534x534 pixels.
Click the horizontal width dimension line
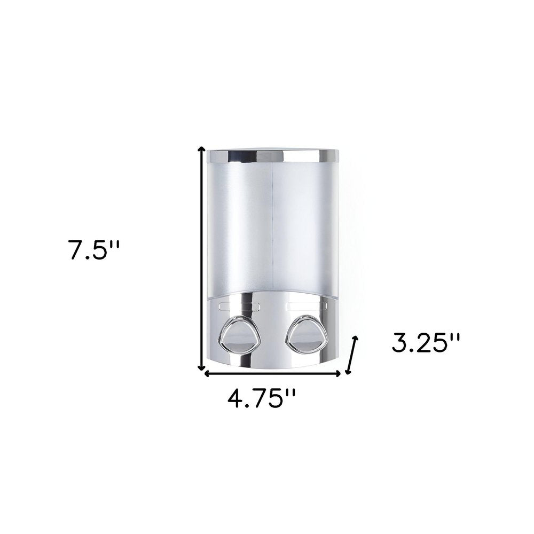272,373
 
